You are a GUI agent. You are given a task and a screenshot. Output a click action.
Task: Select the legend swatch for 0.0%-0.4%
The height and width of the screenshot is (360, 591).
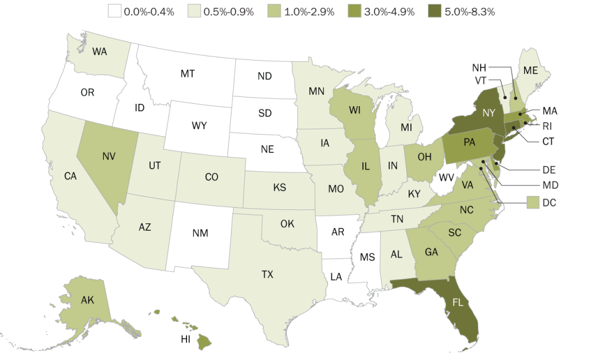tap(114, 11)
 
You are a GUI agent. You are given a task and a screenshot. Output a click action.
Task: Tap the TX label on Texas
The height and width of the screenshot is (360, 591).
tap(267, 274)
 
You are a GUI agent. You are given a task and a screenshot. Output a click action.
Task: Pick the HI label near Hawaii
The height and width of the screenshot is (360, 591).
tap(185, 339)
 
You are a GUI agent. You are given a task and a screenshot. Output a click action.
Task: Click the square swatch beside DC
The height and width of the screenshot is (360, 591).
tap(533, 202)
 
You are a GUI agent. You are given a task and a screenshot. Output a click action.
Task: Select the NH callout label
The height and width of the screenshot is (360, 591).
tap(480, 66)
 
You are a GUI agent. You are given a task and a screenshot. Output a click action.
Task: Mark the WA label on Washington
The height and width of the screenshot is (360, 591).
tap(99, 51)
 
